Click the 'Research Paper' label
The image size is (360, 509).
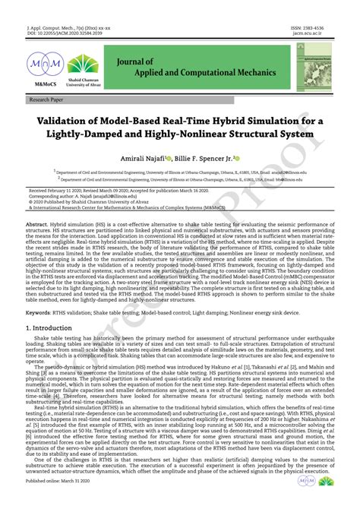(x=48, y=100)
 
